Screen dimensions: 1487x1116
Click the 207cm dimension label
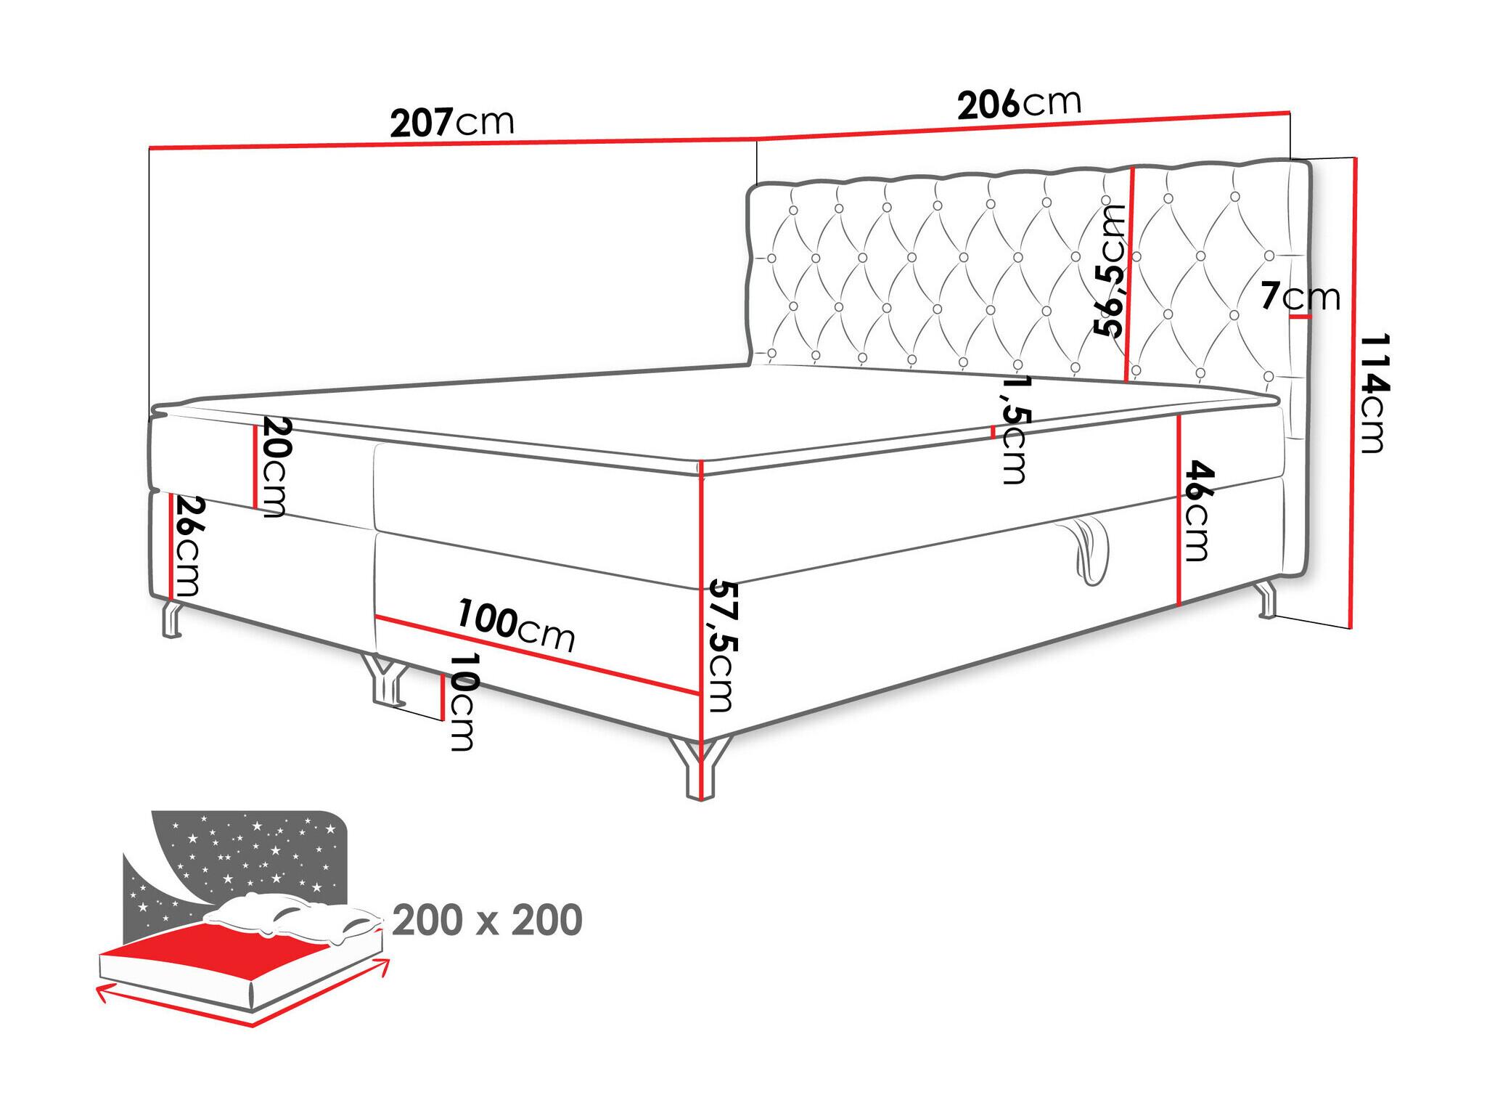[452, 122]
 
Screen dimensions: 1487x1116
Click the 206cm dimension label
[1019, 103]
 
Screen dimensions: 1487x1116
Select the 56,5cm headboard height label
[1110, 270]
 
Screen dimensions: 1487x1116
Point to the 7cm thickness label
[1300, 297]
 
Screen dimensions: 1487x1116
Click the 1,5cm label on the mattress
[1012, 429]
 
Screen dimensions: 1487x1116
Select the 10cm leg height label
[462, 701]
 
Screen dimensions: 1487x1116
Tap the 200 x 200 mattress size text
[487, 921]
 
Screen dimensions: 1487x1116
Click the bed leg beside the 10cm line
[385, 680]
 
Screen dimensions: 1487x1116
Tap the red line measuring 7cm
[1296, 317]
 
